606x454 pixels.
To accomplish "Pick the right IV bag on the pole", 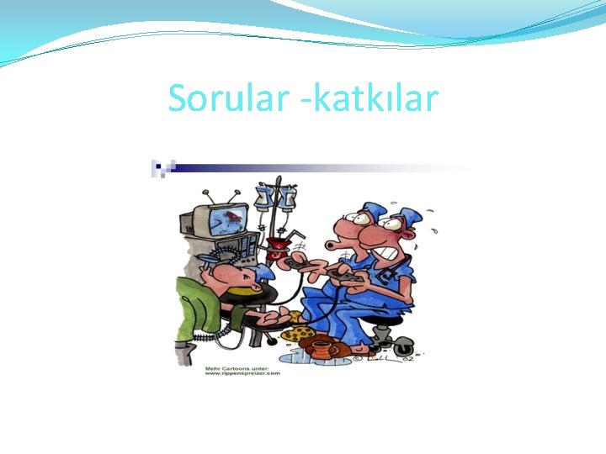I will [x=288, y=199].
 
